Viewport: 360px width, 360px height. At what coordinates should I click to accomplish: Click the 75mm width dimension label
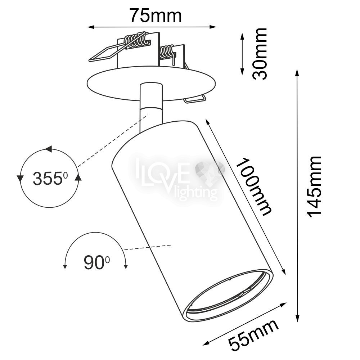point(156,15)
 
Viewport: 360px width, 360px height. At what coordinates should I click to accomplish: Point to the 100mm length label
point(254,186)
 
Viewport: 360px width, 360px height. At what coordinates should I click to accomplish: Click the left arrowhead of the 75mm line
point(91,27)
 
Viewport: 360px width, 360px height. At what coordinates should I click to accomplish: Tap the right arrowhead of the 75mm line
point(213,27)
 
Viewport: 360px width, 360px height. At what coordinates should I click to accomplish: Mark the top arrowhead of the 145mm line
point(297,73)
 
